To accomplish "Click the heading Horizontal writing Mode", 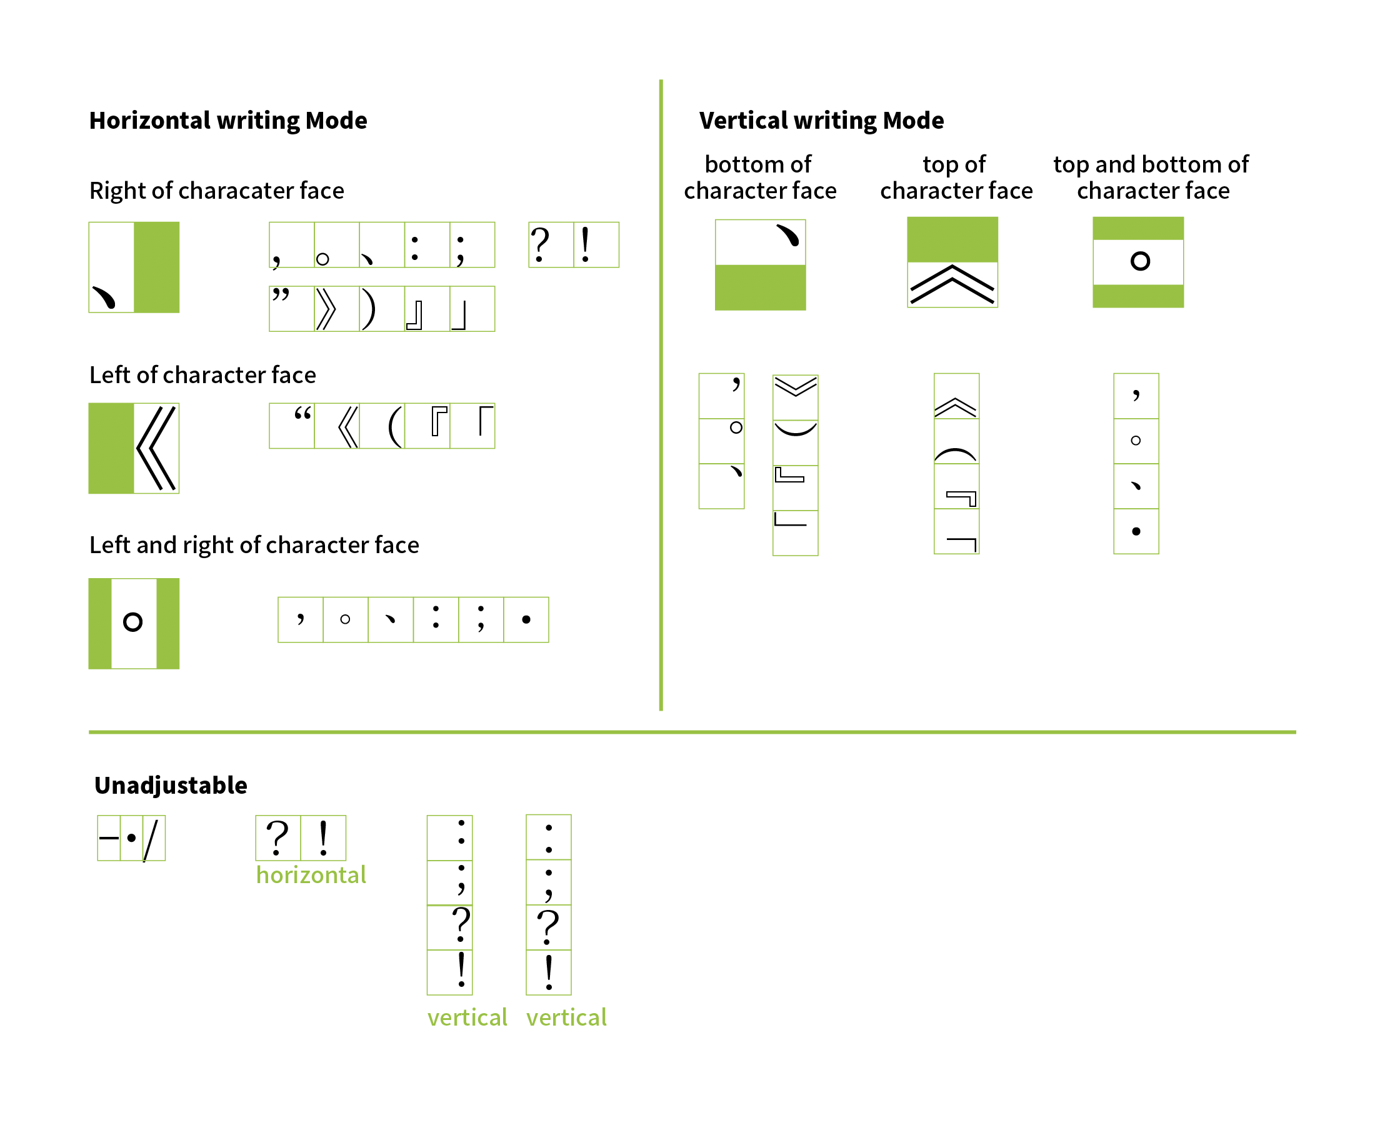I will (228, 121).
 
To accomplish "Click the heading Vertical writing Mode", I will (821, 121).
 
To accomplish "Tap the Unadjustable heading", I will (171, 786).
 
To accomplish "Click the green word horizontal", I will (311, 875).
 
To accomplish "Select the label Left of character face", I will (202, 374).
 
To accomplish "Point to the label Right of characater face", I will (216, 191).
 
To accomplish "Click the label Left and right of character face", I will (254, 545).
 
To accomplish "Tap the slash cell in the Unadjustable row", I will (153, 838).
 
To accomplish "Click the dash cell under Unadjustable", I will (109, 838).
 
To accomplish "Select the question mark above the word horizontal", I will (278, 838).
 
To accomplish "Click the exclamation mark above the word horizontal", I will (323, 838).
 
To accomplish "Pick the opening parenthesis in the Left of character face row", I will (393, 426).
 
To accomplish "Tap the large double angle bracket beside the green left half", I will (156, 447).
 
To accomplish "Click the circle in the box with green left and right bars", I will (133, 622).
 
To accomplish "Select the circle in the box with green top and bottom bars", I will (1140, 261).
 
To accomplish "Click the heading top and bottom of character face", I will (1151, 177).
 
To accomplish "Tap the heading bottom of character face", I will (759, 177).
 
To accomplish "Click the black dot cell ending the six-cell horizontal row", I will (526, 619).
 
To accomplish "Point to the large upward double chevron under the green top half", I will (952, 284).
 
